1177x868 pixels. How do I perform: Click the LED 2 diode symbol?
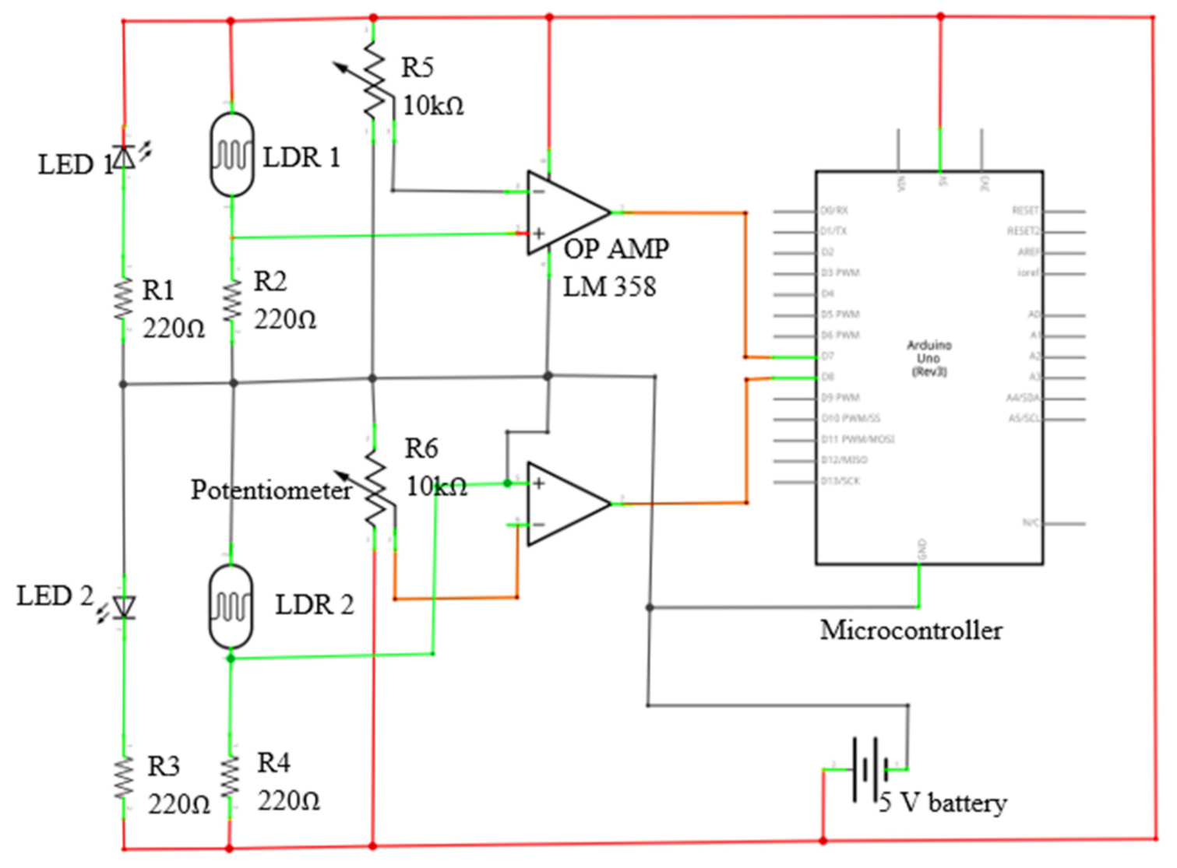[x=123, y=606]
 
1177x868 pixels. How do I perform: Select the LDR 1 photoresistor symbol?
[x=232, y=155]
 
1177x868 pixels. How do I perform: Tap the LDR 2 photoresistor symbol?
[x=231, y=606]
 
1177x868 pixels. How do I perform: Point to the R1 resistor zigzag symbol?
[x=124, y=300]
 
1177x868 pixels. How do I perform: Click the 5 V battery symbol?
[x=869, y=770]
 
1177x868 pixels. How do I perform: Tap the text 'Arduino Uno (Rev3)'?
[x=929, y=358]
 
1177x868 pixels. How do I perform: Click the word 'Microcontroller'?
[x=911, y=630]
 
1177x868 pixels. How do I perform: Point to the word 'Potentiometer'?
[x=271, y=490]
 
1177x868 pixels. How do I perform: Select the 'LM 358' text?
[x=609, y=286]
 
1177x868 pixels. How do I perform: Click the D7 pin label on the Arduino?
[x=827, y=356]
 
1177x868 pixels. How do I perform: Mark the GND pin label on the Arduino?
[x=922, y=549]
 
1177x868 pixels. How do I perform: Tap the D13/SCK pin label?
[x=840, y=481]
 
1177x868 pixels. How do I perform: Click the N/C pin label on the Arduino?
[x=1031, y=522]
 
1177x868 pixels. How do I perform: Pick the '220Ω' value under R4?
[x=289, y=800]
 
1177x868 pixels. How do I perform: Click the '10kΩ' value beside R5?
[x=433, y=105]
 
